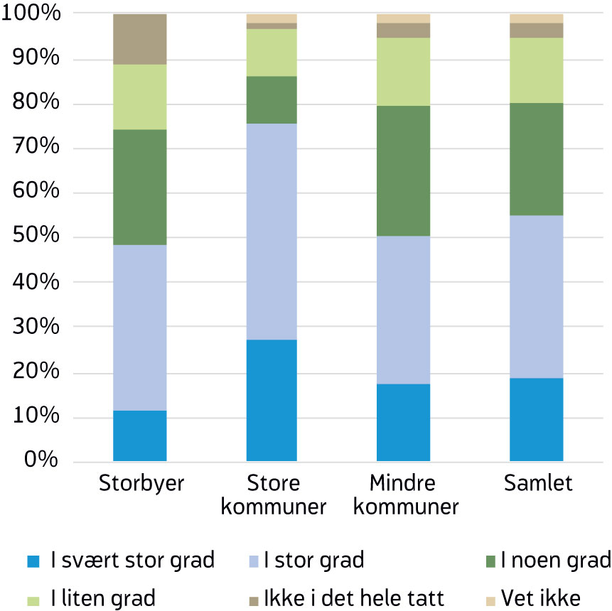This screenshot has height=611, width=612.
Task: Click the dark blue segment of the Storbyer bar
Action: click(139, 436)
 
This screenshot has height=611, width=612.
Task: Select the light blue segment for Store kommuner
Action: click(271, 232)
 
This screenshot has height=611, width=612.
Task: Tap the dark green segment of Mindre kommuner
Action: click(403, 171)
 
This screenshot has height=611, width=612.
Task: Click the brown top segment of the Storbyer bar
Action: click(139, 39)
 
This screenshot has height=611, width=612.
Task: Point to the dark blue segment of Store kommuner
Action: click(271, 400)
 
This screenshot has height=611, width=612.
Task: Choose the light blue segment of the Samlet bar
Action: click(536, 296)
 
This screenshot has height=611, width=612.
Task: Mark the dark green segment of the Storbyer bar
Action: click(139, 187)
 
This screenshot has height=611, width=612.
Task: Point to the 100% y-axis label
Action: click(31, 14)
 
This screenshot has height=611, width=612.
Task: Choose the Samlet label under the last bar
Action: click(537, 485)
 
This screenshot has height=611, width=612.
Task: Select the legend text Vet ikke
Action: click(540, 598)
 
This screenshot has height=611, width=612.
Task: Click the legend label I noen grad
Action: click(555, 561)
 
